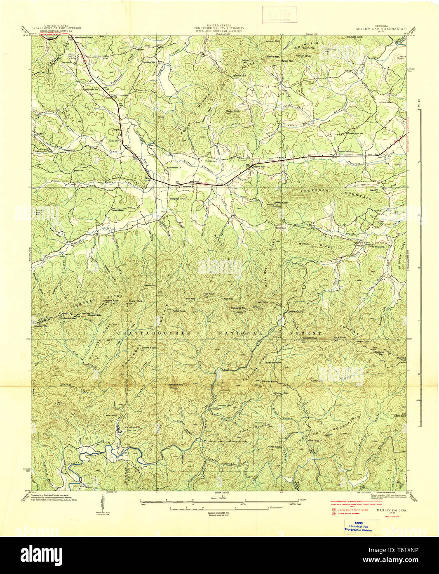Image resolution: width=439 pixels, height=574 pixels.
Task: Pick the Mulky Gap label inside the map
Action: point(296,311)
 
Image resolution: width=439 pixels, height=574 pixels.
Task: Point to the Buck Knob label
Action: point(340,338)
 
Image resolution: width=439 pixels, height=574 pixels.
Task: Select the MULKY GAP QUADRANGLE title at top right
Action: point(381,29)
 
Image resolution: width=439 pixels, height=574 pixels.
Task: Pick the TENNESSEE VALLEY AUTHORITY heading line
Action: point(219,28)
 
